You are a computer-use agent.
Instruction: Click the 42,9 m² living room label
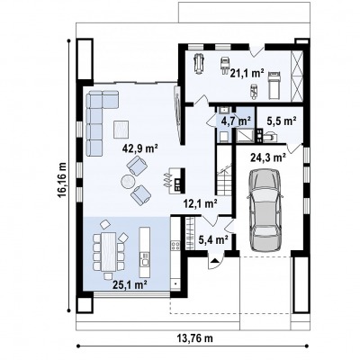140,148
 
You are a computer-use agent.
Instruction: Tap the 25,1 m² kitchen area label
130,284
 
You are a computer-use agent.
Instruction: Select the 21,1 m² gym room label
247,73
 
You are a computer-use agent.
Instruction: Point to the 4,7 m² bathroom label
236,121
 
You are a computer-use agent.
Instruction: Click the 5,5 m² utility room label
282,121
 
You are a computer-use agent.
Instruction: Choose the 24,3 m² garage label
268,157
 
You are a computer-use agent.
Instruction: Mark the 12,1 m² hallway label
201,204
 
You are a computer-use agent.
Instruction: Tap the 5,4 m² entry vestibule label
213,239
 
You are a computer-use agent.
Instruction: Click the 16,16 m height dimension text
62,179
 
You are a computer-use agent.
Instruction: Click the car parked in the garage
265,210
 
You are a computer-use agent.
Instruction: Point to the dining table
109,251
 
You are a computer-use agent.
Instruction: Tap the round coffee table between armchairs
129,182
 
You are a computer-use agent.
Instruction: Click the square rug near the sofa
121,130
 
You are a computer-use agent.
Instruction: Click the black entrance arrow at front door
214,260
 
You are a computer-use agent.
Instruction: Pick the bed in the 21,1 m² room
274,85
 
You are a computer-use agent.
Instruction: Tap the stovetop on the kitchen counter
175,246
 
